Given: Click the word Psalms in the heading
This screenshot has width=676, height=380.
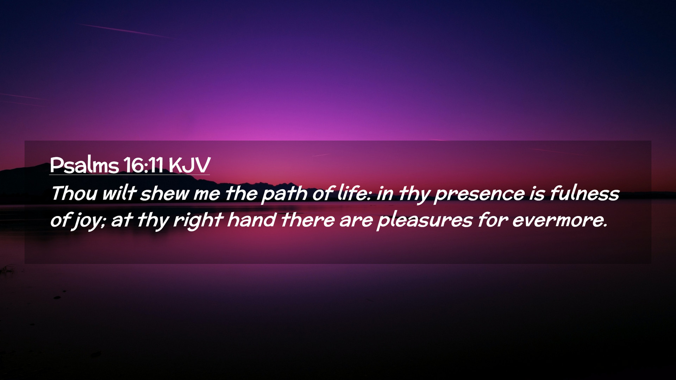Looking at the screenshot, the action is tap(84, 165).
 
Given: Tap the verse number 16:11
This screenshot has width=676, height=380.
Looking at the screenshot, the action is tap(143, 165).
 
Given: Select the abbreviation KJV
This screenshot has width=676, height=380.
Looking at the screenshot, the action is tap(189, 165).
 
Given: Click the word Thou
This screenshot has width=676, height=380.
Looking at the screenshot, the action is tap(74, 193).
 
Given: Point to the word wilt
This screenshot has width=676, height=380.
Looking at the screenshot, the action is tap(119, 193).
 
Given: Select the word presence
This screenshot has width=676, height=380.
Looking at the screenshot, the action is tap(480, 195).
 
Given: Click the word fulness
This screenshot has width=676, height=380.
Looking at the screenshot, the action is tap(584, 193).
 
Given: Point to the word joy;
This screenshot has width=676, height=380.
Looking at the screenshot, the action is tap(89, 221).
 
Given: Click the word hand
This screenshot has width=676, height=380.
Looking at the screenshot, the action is tap(251, 220).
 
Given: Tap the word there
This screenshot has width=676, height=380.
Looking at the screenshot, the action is tap(308, 220).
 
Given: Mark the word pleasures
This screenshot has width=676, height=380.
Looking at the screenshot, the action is tap(425, 221).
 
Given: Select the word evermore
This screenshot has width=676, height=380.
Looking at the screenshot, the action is tap(560, 220).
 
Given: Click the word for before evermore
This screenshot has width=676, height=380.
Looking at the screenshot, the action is tap(493, 220).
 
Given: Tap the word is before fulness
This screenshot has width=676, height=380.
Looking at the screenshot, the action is tap(537, 194).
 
